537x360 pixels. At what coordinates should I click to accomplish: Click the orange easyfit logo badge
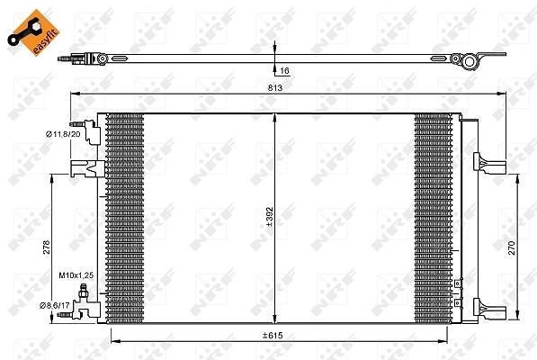(x=33, y=32)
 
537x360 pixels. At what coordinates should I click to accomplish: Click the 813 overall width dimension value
(x=275, y=87)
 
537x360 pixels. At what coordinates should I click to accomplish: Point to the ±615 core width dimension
(x=273, y=336)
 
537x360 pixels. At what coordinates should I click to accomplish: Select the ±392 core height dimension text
(x=270, y=217)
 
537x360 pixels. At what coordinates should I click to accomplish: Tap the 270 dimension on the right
(x=511, y=247)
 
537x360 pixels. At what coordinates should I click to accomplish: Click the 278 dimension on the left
(x=46, y=247)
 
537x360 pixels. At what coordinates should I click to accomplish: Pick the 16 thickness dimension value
(x=284, y=70)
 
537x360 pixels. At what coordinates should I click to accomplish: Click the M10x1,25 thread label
(x=76, y=275)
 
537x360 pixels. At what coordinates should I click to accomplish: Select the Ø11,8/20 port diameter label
(x=63, y=134)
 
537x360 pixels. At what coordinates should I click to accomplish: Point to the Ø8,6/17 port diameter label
(x=55, y=305)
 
